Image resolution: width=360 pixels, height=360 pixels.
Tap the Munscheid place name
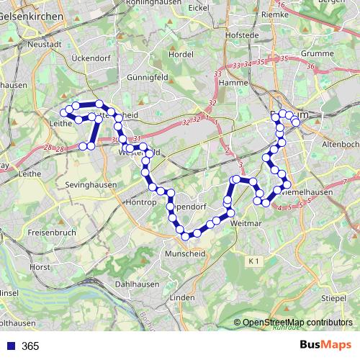(186, 254)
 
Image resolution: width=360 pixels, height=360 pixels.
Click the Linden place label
(182, 297)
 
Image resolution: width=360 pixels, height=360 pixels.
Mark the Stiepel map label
(333, 297)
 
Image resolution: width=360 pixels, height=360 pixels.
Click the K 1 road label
(251, 260)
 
